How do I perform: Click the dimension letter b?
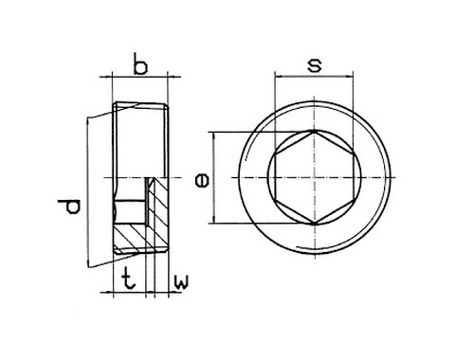pos(140,64)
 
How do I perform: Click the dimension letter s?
pos(315,65)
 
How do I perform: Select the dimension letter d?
pos(69,207)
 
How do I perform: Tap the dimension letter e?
pos(202,181)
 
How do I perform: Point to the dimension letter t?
pos(128,279)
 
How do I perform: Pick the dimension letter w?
pos(181,282)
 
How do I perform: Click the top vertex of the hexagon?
pos(314,131)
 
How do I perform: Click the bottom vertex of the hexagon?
pos(314,224)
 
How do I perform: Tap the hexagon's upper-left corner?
pos(275,154)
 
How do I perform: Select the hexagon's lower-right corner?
pos(353,200)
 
